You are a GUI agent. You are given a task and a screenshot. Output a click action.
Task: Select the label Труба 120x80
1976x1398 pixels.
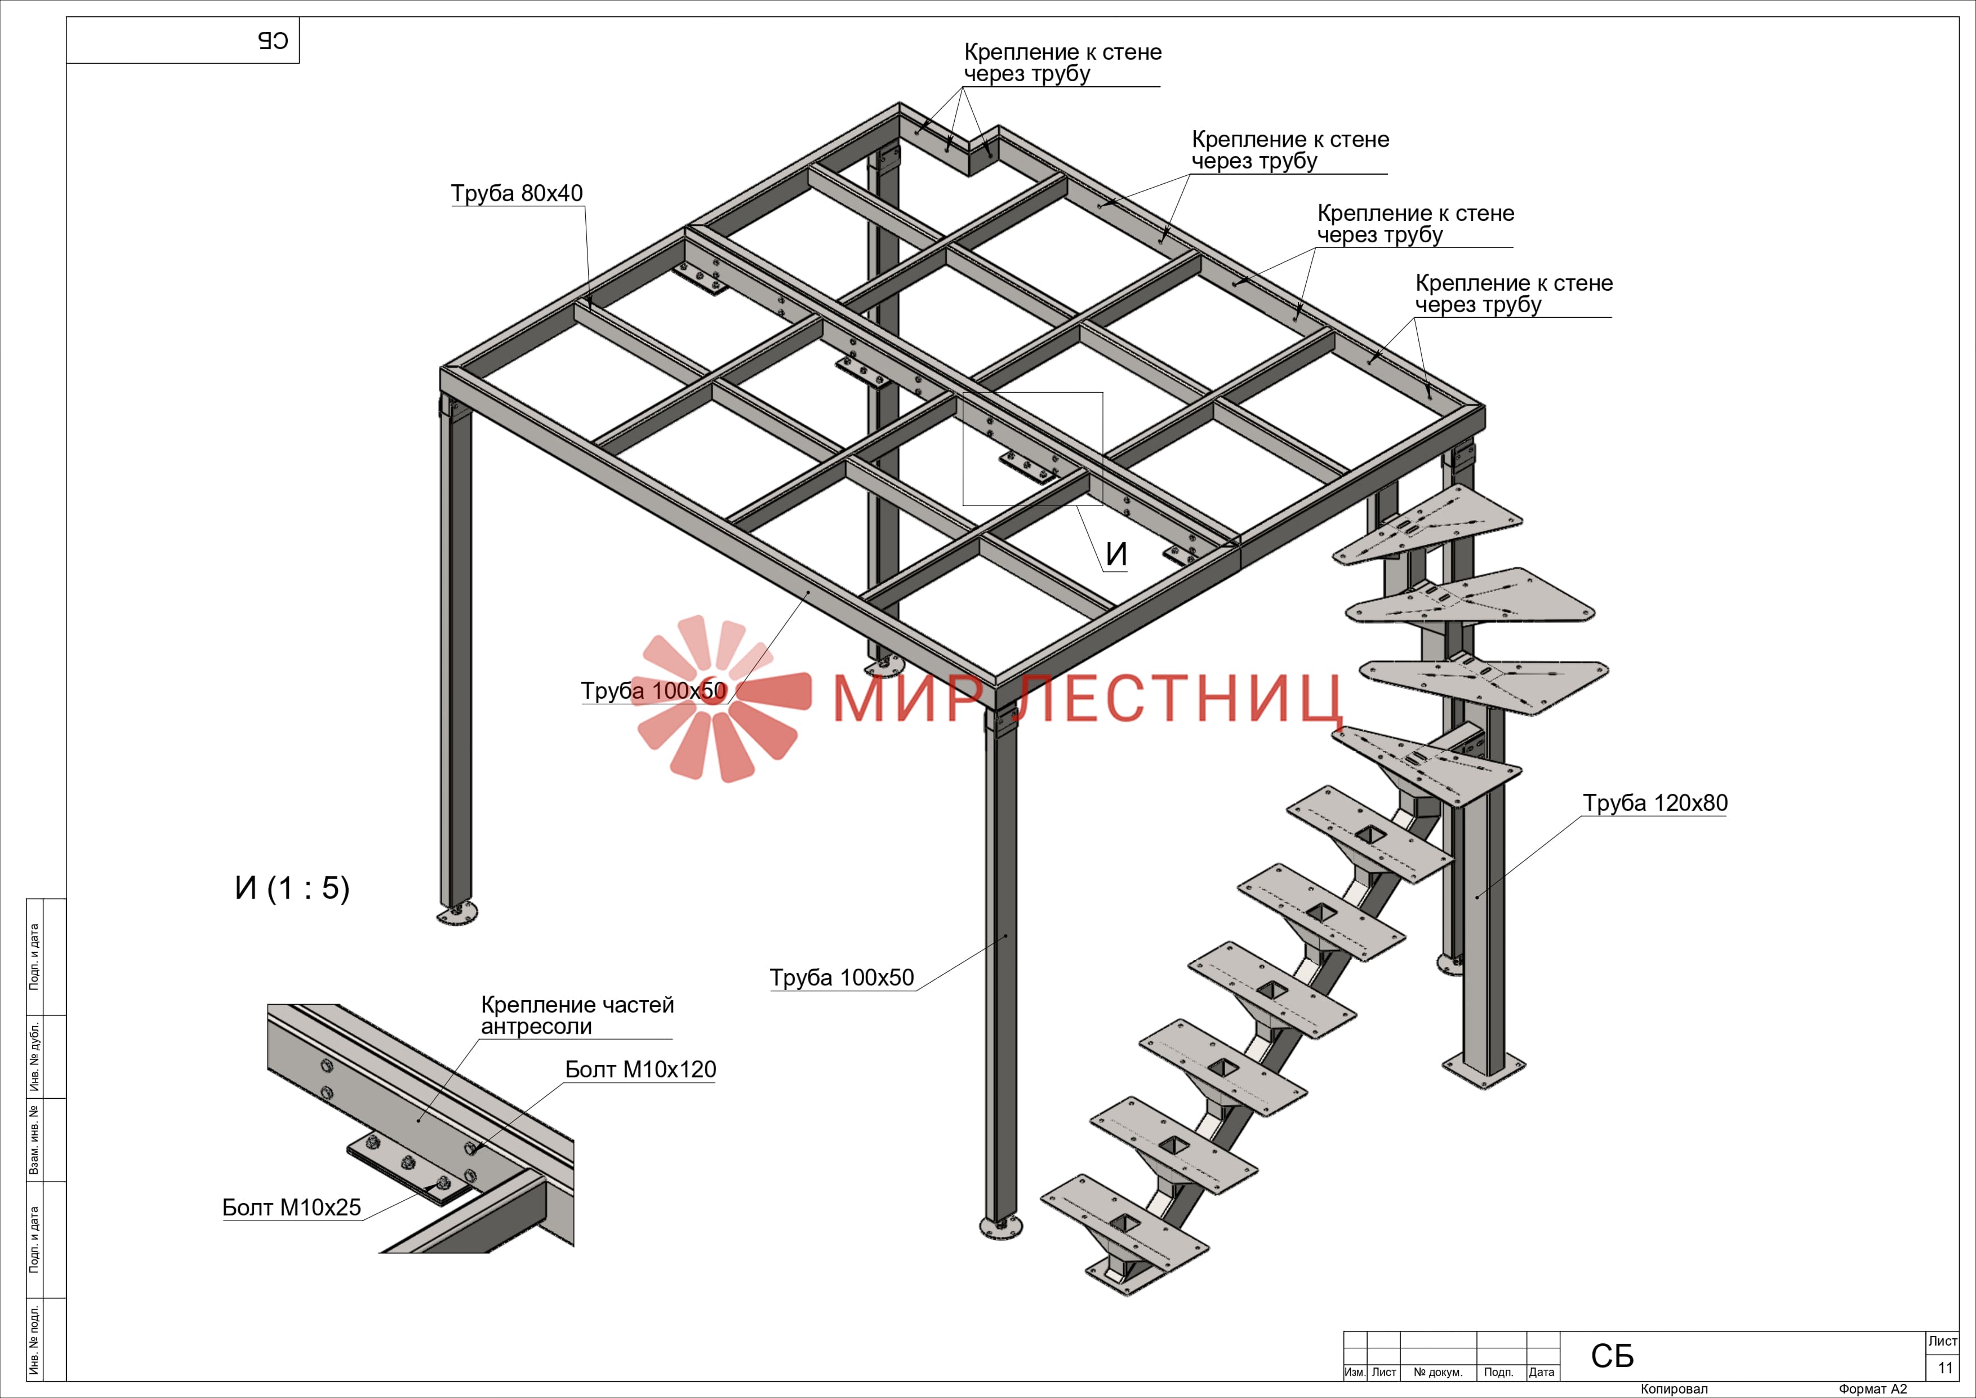tap(1655, 802)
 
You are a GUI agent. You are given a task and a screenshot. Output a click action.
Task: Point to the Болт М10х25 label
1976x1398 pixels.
tap(292, 1207)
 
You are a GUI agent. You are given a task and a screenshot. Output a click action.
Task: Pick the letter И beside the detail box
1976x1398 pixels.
tap(1116, 554)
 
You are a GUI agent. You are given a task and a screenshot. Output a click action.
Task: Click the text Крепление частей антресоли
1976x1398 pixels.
tap(577, 1016)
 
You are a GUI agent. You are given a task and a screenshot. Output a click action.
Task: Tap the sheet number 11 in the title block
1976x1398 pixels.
tap(1945, 1368)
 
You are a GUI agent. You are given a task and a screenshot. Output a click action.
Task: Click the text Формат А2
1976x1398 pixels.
tap(1873, 1388)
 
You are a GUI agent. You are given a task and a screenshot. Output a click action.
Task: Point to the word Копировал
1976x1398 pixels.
tap(1674, 1388)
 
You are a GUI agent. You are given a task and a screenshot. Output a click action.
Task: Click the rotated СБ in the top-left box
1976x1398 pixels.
tap(273, 41)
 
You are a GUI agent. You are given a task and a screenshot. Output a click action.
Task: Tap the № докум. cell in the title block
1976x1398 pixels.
tap(1438, 1372)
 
